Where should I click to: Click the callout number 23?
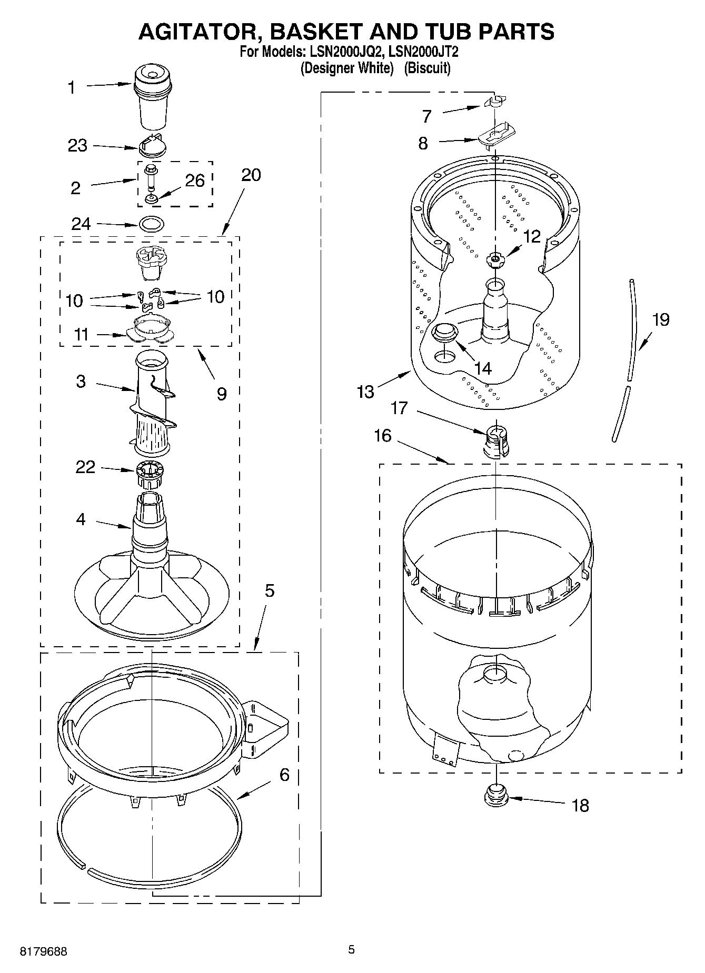click(77, 146)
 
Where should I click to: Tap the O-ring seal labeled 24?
click(152, 224)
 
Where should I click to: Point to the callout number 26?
click(195, 180)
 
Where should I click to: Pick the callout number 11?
click(81, 335)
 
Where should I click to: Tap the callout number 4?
click(81, 519)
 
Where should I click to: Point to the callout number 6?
click(284, 775)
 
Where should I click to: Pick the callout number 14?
click(482, 368)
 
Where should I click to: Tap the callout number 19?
click(661, 319)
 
